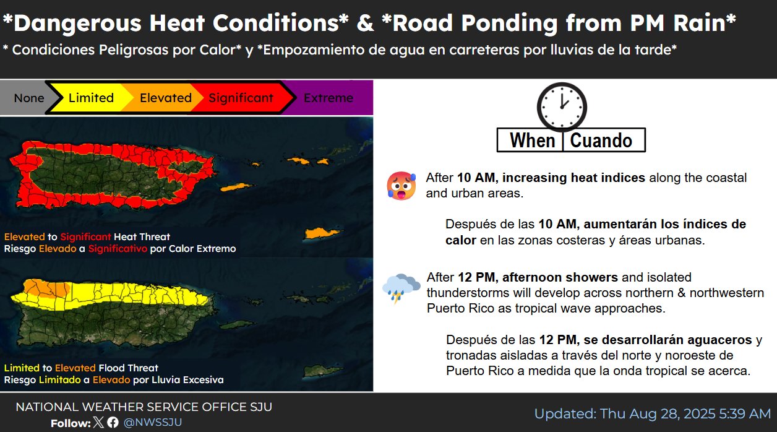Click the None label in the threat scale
coord(29,98)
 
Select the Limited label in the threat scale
coord(91,98)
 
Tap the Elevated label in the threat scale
coord(166,98)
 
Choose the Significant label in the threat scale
coord(241,98)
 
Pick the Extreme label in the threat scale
coord(328,98)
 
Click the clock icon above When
coord(562,107)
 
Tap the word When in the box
coord(533,140)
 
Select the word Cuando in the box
coord(601,140)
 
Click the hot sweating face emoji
coord(401,186)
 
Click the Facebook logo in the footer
coord(113,422)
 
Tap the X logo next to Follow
coord(98,422)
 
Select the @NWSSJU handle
coord(153,422)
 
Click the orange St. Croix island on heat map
coord(321,233)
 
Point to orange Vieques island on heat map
coord(237,188)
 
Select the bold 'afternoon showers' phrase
coord(560,277)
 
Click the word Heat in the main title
coord(177,24)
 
